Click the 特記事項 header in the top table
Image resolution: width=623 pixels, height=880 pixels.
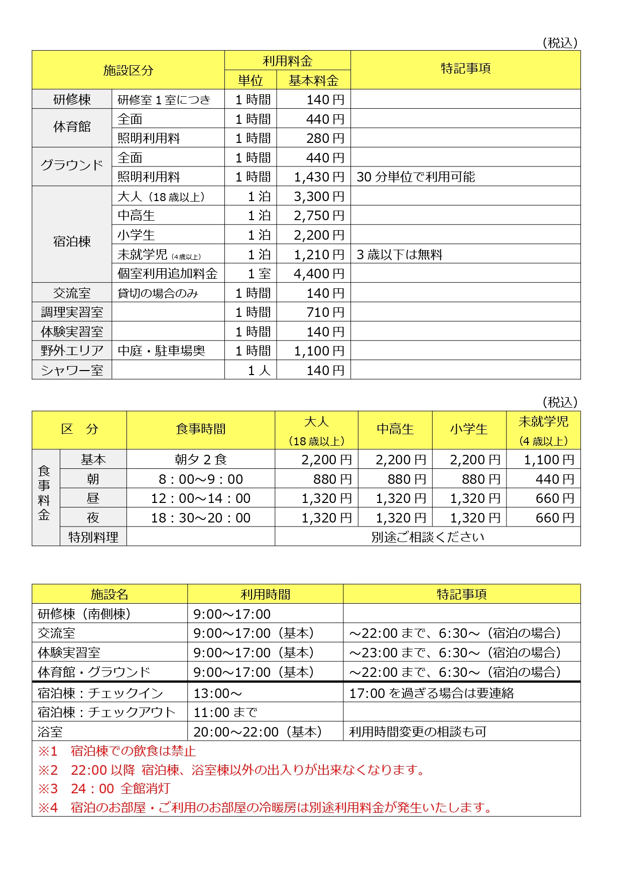tap(465, 69)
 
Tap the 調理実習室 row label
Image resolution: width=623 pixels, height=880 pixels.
tap(72, 312)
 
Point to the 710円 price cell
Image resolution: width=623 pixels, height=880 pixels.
tap(325, 312)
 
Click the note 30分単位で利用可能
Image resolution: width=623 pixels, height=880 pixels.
tap(416, 177)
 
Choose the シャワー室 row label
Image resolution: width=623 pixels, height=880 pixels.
tap(72, 371)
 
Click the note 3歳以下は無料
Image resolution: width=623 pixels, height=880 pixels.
tap(400, 255)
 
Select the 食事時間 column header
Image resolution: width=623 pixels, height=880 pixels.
tap(201, 430)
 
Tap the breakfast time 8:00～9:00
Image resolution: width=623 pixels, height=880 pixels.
tap(201, 479)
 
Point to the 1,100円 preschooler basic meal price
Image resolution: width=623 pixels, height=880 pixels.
tap(549, 460)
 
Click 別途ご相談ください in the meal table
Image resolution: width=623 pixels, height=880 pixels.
tap(428, 537)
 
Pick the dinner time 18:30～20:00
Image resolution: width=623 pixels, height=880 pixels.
tap(201, 518)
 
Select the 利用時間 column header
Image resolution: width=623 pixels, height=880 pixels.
tap(265, 594)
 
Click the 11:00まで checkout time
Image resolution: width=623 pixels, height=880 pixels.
tap(225, 713)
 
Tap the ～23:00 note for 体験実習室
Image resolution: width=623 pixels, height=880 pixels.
tap(455, 653)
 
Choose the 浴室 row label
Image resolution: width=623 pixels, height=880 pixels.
tap(50, 732)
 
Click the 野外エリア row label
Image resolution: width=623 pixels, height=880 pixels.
tap(72, 351)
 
